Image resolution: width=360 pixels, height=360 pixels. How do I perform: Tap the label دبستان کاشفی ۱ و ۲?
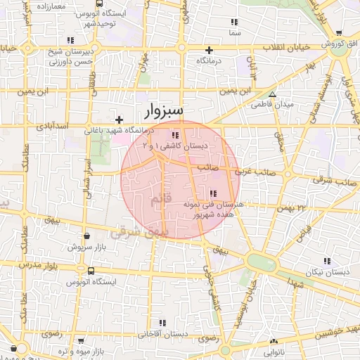click(175, 146)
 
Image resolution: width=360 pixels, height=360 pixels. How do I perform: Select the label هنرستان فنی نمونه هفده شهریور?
click(212, 208)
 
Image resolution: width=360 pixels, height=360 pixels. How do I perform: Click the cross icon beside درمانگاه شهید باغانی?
click(120, 120)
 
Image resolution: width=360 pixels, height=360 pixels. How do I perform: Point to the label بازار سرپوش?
click(85, 247)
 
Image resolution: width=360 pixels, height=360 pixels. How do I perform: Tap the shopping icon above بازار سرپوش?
click(86, 237)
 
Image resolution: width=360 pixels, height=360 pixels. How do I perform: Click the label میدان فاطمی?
click(274, 104)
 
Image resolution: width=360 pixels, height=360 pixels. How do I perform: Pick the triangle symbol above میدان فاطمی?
click(273, 94)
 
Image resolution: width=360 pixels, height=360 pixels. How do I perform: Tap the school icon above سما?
click(234, 22)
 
